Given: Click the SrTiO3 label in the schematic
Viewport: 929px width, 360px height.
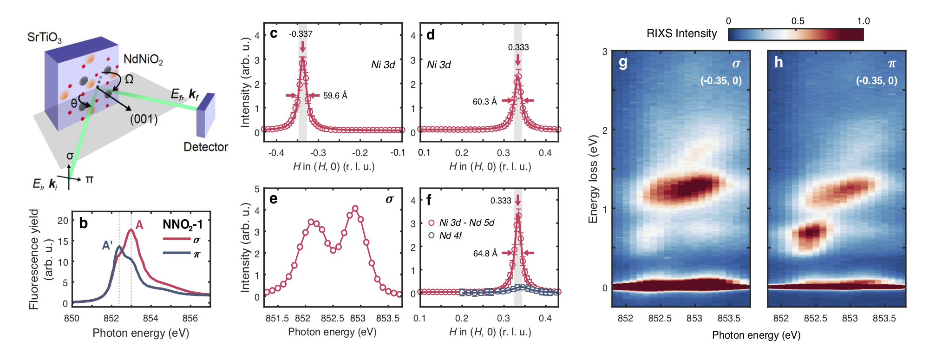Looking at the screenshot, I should pyautogui.click(x=44, y=38).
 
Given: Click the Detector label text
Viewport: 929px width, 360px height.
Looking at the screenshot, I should pyautogui.click(x=206, y=147).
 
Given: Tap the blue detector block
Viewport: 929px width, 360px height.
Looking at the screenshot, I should pyautogui.click(x=205, y=115).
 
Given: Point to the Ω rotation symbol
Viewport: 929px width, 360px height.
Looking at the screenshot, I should pyautogui.click(x=129, y=79).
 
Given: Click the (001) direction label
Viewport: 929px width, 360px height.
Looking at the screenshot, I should pyautogui.click(x=144, y=119).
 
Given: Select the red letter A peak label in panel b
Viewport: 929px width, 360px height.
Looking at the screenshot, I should pyautogui.click(x=139, y=226).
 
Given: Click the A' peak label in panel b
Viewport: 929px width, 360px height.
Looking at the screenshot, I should pyautogui.click(x=107, y=245).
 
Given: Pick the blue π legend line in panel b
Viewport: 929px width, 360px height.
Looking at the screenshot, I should pyautogui.click(x=177, y=253).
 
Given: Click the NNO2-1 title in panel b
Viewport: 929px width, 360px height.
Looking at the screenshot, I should pyautogui.click(x=183, y=225).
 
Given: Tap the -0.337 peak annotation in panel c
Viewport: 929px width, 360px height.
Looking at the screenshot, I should pyautogui.click(x=301, y=34).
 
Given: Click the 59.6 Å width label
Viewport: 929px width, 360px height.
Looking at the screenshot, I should pyautogui.click(x=335, y=96).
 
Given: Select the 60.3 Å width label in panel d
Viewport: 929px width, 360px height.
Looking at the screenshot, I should pyautogui.click(x=484, y=101).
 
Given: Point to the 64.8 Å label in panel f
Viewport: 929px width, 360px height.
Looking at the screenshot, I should pyautogui.click(x=485, y=253).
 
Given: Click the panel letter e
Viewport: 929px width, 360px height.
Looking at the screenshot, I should pyautogui.click(x=274, y=199).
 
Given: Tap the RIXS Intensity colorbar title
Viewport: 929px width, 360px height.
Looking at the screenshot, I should pyautogui.click(x=681, y=33).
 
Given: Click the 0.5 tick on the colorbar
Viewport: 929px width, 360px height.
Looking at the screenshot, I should pyautogui.click(x=798, y=21).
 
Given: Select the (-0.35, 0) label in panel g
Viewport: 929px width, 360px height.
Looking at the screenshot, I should pyautogui.click(x=721, y=80).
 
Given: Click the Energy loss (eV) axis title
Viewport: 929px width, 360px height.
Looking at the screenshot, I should pyautogui.click(x=593, y=179).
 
